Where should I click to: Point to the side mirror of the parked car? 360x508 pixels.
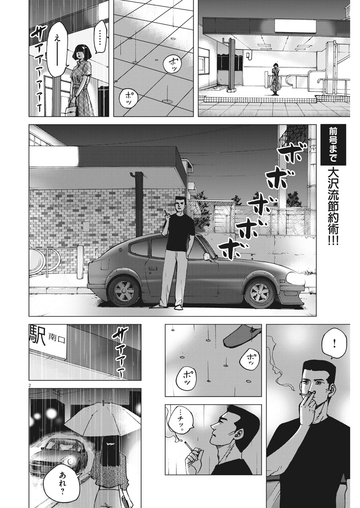point(207,257)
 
